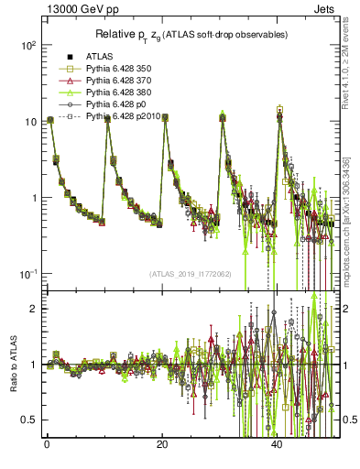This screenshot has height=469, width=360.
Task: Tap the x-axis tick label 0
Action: tap(47, 444)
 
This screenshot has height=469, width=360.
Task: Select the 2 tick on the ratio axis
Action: tap(30, 309)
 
